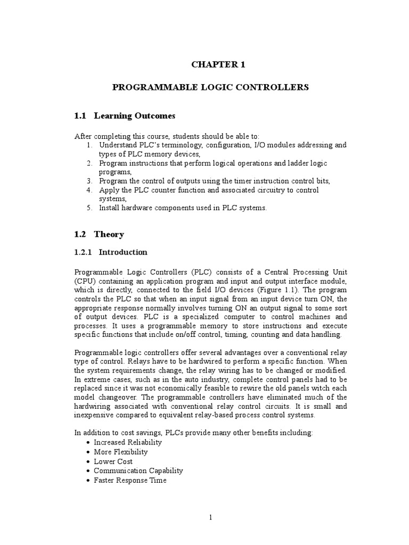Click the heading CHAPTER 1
tap(210, 65)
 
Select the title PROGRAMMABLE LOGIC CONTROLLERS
tap(210, 87)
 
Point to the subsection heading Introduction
tap(123, 252)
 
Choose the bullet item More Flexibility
tap(121, 451)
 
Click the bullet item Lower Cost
tap(113, 461)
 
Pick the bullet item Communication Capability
tap(138, 470)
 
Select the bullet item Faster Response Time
tap(130, 480)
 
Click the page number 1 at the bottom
tap(211, 517)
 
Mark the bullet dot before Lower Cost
tap(87, 461)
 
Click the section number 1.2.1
tap(85, 252)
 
